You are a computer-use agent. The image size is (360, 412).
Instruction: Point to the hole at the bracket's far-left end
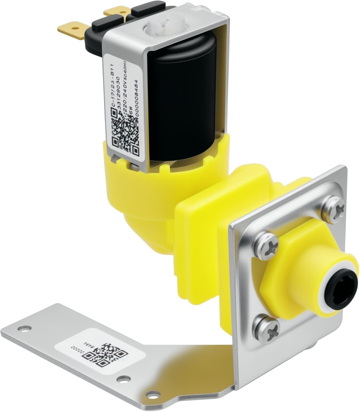tap(22, 328)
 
